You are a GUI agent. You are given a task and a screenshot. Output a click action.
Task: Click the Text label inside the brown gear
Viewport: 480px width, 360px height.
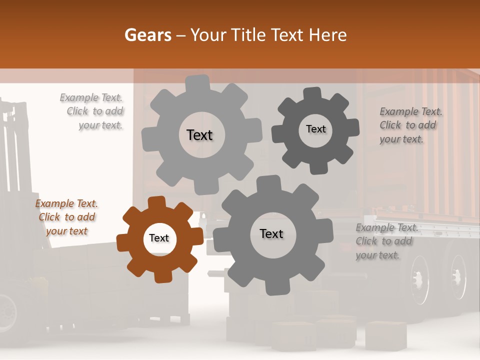[159, 238]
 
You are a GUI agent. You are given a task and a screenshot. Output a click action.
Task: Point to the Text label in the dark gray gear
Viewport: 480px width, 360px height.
[315, 129]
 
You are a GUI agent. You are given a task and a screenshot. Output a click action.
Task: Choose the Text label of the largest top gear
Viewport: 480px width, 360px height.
[199, 135]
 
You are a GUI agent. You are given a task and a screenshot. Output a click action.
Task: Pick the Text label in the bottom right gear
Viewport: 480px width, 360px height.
[271, 233]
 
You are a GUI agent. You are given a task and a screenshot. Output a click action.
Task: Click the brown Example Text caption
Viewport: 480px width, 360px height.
[67, 217]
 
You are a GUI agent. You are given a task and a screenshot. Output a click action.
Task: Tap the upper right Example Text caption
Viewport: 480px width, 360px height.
[410, 125]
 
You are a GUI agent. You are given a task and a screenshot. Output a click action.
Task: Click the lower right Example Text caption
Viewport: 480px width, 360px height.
[386, 241]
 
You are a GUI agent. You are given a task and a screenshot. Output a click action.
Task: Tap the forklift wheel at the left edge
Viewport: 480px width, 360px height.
[7, 310]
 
